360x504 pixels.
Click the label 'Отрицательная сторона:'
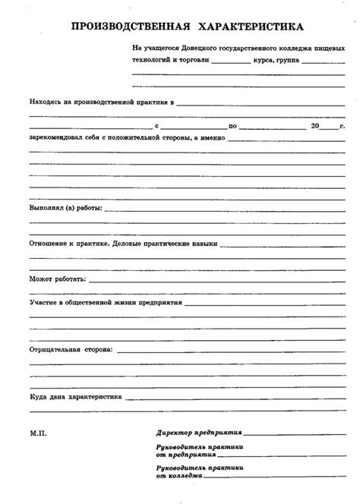coord(71,351)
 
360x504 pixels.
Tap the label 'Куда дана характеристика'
coord(77,397)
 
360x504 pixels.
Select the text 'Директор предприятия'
coord(188,431)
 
